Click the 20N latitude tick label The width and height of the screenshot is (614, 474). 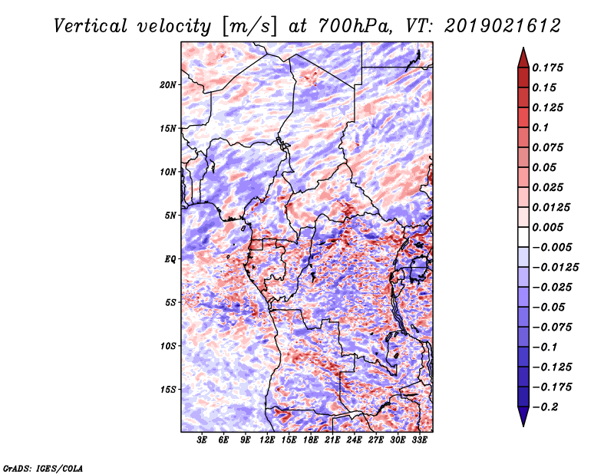pos(167,85)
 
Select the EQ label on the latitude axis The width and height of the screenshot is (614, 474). pos(170,259)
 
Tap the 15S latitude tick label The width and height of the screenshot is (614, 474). pos(167,390)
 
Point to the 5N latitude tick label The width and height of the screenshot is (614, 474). pos(170,216)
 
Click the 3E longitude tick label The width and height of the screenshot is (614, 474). pos(202,440)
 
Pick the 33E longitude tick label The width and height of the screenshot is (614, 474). pos(419,440)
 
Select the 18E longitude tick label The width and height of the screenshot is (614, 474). pos(311,440)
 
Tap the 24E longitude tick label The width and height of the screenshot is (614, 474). pos(354,440)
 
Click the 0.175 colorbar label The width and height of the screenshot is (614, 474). pos(547,67)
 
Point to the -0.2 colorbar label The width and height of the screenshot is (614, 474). pos(545,407)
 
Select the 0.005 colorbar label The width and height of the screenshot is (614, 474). pos(547,227)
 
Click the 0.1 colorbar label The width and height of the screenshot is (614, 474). pos(540,127)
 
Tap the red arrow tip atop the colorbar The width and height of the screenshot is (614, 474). pos(523,48)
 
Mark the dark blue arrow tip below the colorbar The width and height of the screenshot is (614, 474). pos(523,426)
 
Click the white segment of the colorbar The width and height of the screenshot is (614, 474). pos(523,237)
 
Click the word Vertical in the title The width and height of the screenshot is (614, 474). pos(91,26)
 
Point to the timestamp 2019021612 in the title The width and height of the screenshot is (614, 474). pos(503,26)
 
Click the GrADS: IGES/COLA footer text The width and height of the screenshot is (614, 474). pos(43,468)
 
